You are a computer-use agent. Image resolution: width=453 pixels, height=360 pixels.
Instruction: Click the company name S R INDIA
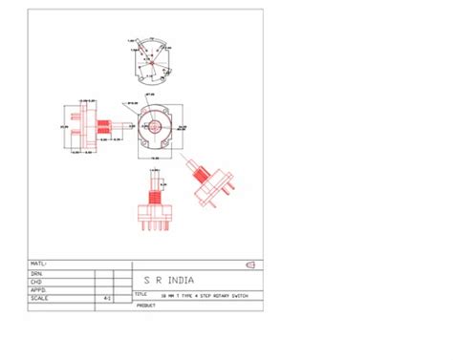point(168,281)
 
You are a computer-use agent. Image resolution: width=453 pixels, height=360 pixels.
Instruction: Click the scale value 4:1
point(106,298)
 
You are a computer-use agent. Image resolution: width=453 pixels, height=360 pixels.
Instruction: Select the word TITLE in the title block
point(140,294)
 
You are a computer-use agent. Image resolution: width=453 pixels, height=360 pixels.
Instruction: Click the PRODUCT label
point(145,306)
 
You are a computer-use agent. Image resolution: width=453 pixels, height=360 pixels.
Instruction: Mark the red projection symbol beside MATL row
point(250,264)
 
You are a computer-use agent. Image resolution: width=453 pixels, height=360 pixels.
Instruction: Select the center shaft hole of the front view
point(154,125)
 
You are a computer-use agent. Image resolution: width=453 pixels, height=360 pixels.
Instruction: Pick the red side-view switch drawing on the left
point(93,124)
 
